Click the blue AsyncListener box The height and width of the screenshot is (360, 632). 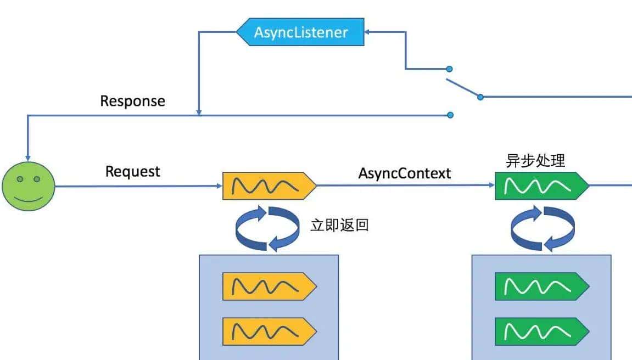click(x=301, y=32)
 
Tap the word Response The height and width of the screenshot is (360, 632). click(x=132, y=102)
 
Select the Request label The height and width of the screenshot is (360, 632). click(x=132, y=172)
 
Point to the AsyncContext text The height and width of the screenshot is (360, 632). click(x=405, y=173)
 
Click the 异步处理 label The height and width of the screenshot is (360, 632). click(x=535, y=161)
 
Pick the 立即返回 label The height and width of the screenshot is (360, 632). click(x=339, y=226)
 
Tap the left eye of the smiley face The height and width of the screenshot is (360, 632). click(x=20, y=179)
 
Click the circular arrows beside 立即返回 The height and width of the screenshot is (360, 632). click(x=267, y=227)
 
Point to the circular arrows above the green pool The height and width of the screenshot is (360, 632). click(x=542, y=227)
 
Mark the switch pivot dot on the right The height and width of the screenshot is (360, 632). click(x=480, y=97)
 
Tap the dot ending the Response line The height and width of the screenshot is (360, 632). click(x=450, y=115)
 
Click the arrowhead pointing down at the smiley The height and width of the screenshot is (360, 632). click(x=27, y=157)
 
